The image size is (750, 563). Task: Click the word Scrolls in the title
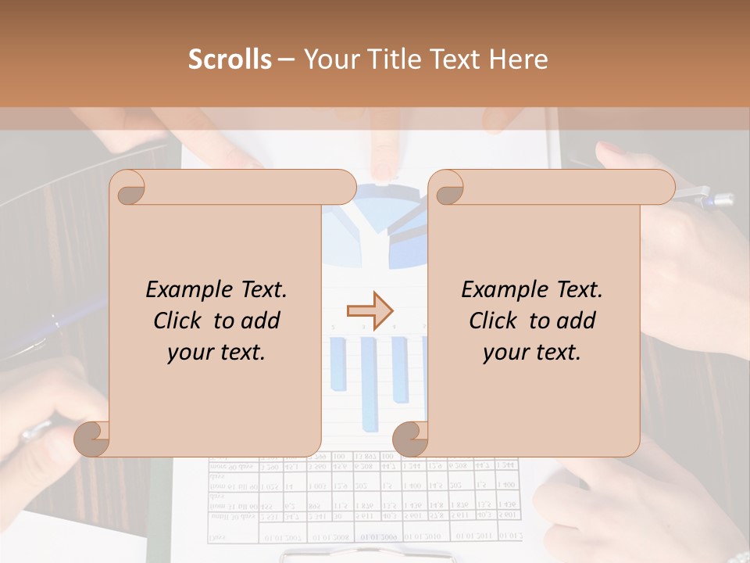click(230, 59)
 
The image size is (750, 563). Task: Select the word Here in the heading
click(518, 59)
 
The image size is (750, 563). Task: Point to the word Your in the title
click(329, 59)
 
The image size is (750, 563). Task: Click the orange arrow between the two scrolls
click(370, 310)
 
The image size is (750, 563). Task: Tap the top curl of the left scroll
click(127, 188)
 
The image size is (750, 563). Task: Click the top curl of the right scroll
click(446, 188)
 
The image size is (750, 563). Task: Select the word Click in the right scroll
click(493, 321)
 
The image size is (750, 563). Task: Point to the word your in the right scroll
click(505, 353)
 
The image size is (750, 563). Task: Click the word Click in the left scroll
click(177, 321)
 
